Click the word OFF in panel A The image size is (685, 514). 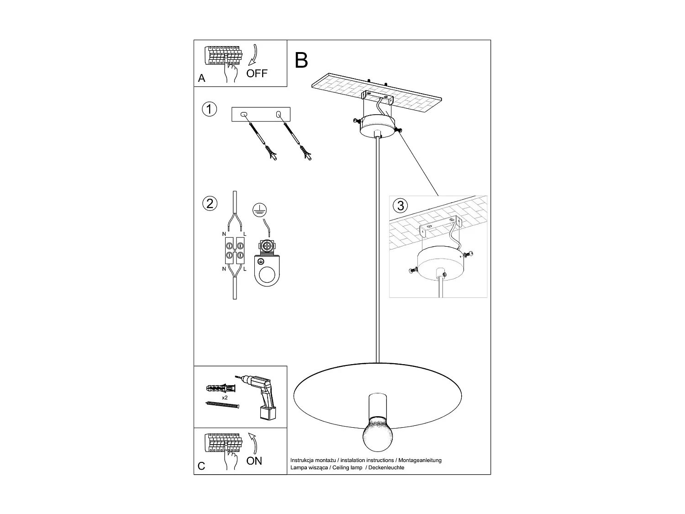pyautogui.click(x=257, y=73)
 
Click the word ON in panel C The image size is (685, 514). pyautogui.click(x=254, y=461)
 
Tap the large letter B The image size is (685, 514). pyautogui.click(x=301, y=60)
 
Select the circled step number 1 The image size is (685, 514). pyautogui.click(x=209, y=110)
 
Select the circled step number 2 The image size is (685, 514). pyautogui.click(x=210, y=203)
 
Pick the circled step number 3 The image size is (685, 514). pyautogui.click(x=400, y=206)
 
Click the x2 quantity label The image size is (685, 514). pyautogui.click(x=225, y=398)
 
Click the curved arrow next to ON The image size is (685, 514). pyautogui.click(x=253, y=443)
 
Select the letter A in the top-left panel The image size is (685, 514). pyautogui.click(x=202, y=79)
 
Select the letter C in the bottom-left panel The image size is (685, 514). pyautogui.click(x=201, y=466)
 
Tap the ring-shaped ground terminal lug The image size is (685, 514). pyautogui.click(x=265, y=275)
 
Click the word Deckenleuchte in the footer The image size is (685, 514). pyautogui.click(x=386, y=467)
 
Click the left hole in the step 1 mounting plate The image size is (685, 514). pyautogui.click(x=243, y=114)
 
